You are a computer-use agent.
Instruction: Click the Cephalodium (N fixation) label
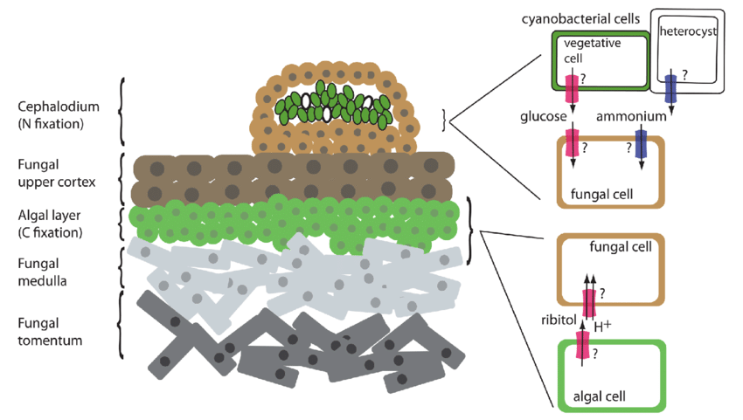(59, 115)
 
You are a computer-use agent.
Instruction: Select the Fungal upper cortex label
(57, 173)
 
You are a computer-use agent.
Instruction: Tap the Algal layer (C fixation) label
(50, 224)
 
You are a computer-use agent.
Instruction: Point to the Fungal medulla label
(42, 272)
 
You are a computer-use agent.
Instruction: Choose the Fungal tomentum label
(50, 332)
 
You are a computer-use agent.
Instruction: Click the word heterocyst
(688, 31)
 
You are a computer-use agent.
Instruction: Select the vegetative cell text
(592, 51)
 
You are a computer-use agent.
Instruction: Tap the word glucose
(543, 116)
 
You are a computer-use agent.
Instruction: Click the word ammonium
(631, 116)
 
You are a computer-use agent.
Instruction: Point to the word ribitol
(559, 320)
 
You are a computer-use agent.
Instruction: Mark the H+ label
(602, 327)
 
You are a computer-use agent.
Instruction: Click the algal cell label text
(600, 396)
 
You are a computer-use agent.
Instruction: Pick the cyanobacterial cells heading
(580, 19)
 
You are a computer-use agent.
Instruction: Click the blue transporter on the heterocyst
(670, 89)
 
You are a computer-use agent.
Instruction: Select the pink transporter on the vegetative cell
(573, 89)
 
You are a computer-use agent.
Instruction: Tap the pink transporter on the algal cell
(582, 345)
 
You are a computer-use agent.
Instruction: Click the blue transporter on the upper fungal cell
(641, 144)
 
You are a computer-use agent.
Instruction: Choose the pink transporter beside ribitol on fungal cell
(588, 304)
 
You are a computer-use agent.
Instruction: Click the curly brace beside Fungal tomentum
(121, 325)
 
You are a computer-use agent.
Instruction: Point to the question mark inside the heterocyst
(684, 74)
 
